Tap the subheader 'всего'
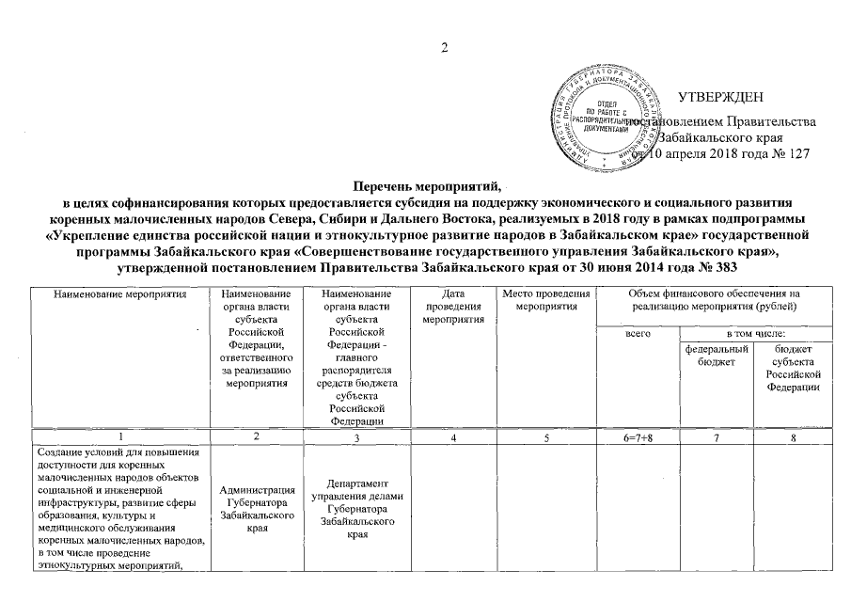(x=638, y=335)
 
